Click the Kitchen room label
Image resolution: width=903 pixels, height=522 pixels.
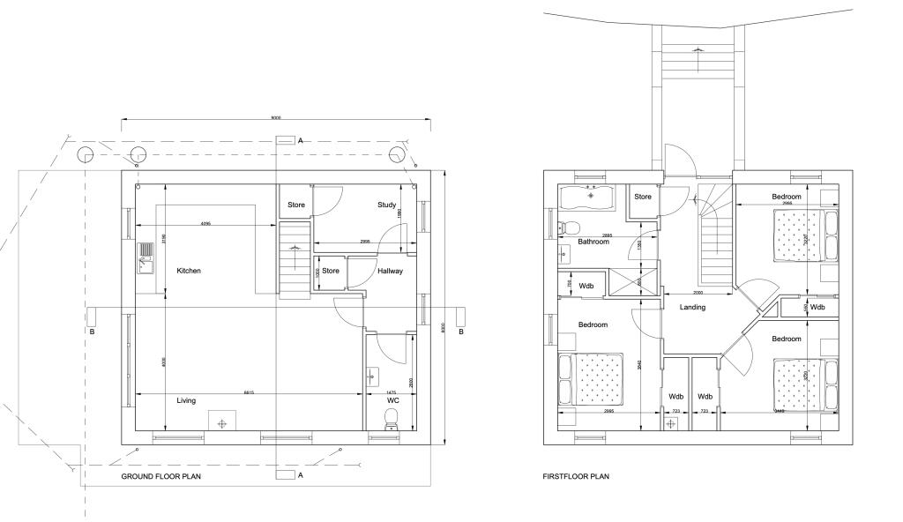click(189, 271)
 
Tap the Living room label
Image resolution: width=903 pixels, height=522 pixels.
click(186, 400)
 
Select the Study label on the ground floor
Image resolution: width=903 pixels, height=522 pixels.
click(386, 205)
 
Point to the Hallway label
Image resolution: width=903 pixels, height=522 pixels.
click(390, 271)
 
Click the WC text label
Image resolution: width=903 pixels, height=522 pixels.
click(393, 400)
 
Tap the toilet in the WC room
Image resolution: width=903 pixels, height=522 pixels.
click(392, 425)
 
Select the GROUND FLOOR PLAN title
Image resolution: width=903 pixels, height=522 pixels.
click(161, 476)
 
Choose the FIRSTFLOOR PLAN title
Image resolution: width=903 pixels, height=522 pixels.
click(576, 476)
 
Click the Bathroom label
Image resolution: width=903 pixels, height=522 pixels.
click(593, 242)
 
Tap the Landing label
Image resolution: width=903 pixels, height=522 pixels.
click(692, 308)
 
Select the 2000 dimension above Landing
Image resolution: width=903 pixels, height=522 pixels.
click(697, 292)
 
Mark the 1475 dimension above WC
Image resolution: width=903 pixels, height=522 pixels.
click(392, 391)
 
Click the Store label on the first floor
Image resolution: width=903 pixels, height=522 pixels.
click(643, 197)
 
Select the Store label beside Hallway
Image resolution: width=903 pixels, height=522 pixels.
click(331, 271)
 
